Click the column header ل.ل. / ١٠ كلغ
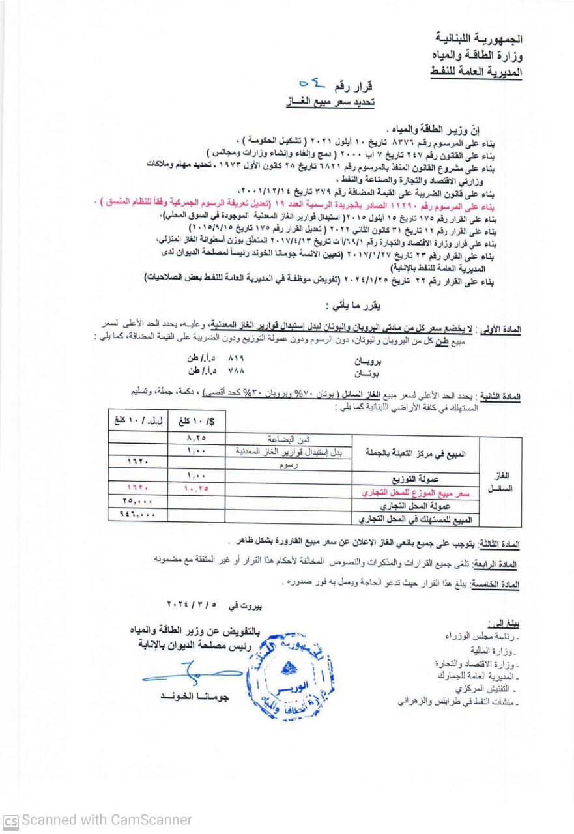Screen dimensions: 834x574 [137, 421]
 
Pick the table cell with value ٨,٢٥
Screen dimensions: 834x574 [196, 439]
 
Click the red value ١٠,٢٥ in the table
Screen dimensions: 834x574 [196, 487]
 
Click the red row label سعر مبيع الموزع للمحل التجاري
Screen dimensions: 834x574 [416, 493]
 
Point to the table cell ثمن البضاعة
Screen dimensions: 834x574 [289, 439]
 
